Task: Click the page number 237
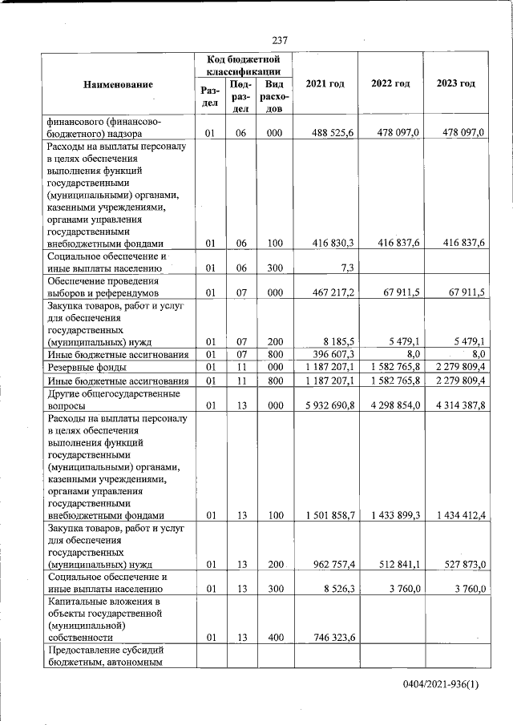click(279, 40)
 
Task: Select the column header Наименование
click(116, 84)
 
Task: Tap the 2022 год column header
click(390, 84)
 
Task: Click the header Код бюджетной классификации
click(242, 65)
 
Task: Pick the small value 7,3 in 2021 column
click(345, 268)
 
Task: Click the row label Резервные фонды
click(83, 368)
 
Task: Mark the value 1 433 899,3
click(391, 515)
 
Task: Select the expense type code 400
click(274, 638)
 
